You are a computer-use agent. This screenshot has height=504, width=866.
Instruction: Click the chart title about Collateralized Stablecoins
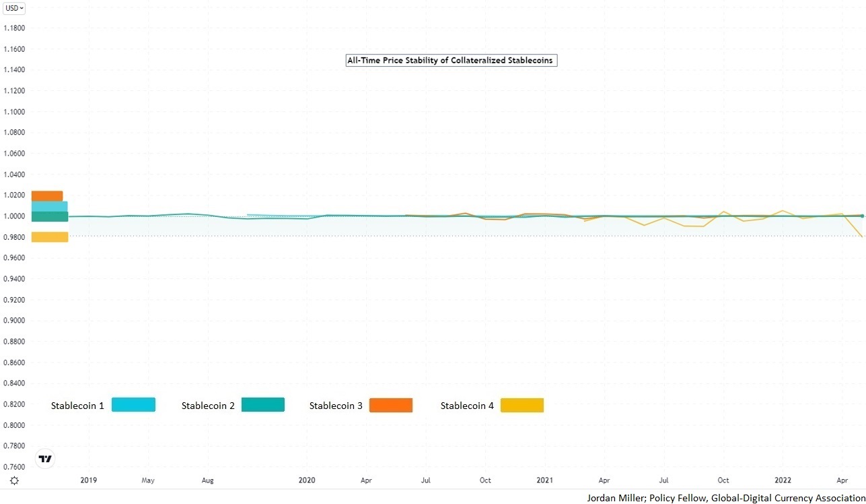point(451,60)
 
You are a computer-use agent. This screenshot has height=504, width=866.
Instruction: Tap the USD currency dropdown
point(14,8)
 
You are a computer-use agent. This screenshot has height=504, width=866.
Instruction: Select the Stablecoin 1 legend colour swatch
point(133,405)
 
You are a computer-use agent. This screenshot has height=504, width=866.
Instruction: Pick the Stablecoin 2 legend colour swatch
point(262,405)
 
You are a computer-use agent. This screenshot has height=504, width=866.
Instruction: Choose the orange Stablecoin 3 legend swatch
point(390,405)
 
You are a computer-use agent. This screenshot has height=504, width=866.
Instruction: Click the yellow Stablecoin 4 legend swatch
point(522,405)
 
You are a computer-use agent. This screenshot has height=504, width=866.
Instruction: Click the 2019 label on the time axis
point(89,480)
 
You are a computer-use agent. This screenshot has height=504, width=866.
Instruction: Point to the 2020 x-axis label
point(307,480)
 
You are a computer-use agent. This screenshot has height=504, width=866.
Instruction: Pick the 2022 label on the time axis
point(783,480)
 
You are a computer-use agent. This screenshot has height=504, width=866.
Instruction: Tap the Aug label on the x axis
point(207,480)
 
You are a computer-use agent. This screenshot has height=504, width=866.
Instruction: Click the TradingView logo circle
point(45,459)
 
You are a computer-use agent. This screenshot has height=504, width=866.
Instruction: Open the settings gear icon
point(14,480)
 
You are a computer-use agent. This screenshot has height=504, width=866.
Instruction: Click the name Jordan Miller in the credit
point(612,498)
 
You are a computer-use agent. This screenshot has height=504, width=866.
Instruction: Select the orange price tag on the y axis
point(47,195)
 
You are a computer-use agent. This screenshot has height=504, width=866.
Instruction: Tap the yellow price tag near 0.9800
point(50,237)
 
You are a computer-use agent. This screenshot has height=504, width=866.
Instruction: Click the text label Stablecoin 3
point(336,406)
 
